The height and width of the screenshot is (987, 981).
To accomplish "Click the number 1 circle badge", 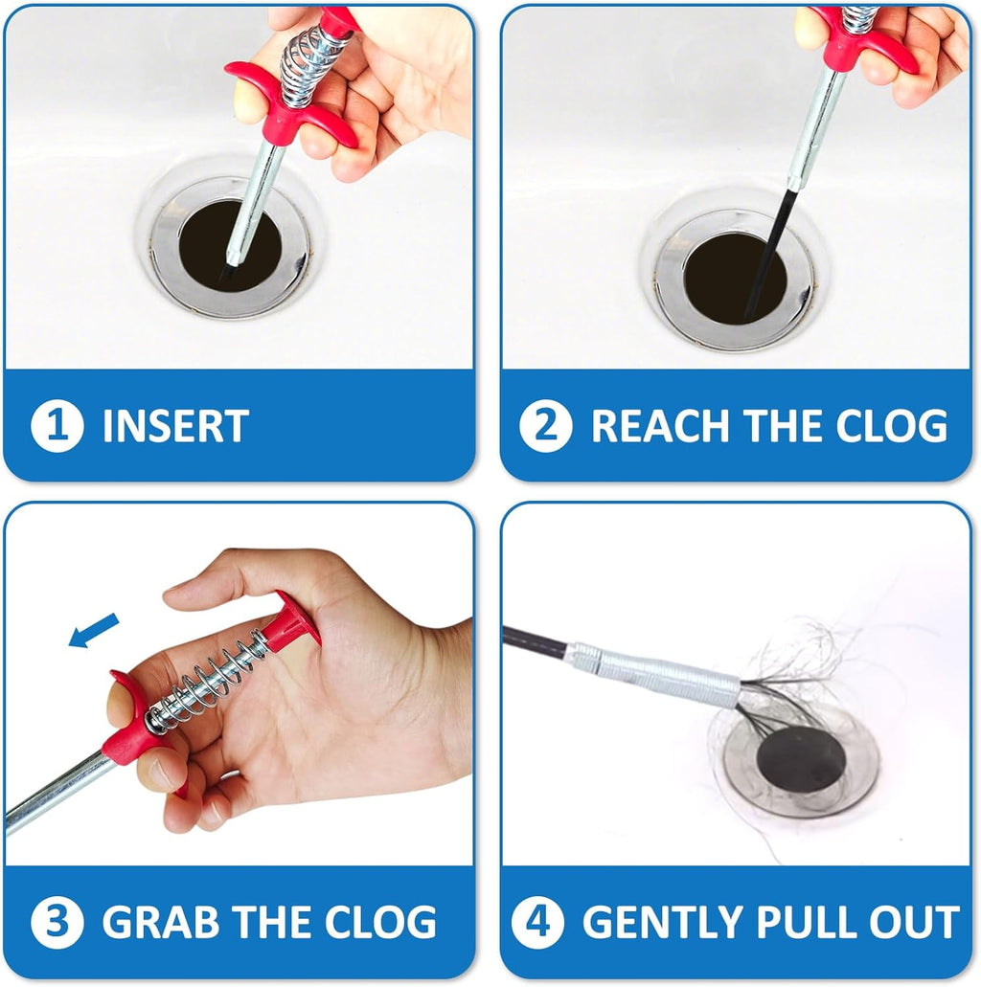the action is pyautogui.click(x=57, y=425).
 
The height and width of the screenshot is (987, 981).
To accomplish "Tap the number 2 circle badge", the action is pyautogui.click(x=546, y=425).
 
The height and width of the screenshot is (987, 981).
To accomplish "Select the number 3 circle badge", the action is pyautogui.click(x=57, y=922).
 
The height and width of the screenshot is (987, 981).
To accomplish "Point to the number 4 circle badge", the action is pyautogui.click(x=537, y=922).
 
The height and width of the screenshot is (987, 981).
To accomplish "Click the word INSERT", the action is pyautogui.click(x=175, y=426).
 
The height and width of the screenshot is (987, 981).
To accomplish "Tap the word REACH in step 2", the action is pyautogui.click(x=660, y=426).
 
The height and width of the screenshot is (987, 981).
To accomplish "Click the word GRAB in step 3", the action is pyautogui.click(x=161, y=923).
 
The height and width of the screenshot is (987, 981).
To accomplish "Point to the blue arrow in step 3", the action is pyautogui.click(x=93, y=630).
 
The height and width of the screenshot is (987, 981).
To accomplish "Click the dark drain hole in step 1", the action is pyautogui.click(x=230, y=246).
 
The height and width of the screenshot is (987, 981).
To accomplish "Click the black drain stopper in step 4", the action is pyautogui.click(x=800, y=759).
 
